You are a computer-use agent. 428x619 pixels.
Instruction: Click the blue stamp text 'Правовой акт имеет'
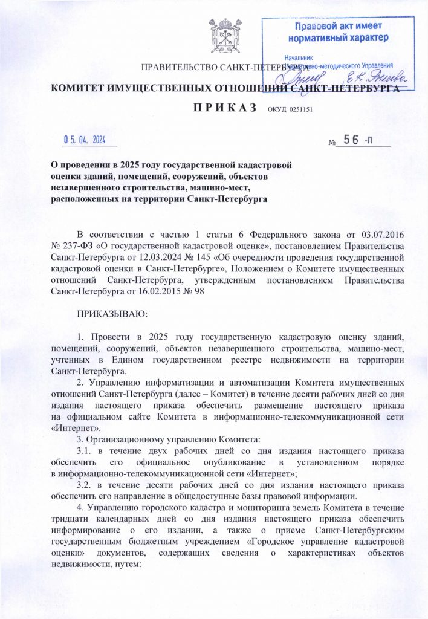point(338,27)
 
